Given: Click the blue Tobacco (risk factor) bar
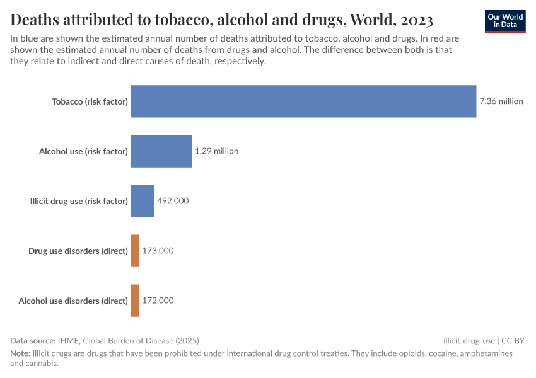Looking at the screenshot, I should click(x=303, y=101).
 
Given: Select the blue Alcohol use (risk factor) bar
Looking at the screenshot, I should click(x=161, y=151).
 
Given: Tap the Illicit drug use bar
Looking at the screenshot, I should click(x=142, y=201).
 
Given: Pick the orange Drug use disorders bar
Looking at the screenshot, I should click(x=135, y=251).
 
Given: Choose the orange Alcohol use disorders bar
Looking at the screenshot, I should click(x=135, y=301).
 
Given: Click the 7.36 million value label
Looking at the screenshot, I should click(x=501, y=101).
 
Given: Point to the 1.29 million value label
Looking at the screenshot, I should click(x=216, y=151).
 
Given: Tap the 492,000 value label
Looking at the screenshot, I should click(x=173, y=201).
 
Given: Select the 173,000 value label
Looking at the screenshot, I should click(x=158, y=251).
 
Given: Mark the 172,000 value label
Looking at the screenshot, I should click(x=158, y=301).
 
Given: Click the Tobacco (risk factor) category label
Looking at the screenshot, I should click(x=90, y=101).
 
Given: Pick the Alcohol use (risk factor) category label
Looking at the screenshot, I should click(x=83, y=151).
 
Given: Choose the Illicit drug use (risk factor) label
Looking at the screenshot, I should click(x=79, y=201).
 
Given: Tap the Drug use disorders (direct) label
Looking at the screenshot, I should click(x=78, y=251).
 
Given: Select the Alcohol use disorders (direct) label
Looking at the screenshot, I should click(x=73, y=301).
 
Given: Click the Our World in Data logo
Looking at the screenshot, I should click(x=505, y=21).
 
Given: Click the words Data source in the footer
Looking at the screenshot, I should click(x=33, y=340).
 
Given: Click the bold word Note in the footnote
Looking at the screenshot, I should click(x=21, y=354).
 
